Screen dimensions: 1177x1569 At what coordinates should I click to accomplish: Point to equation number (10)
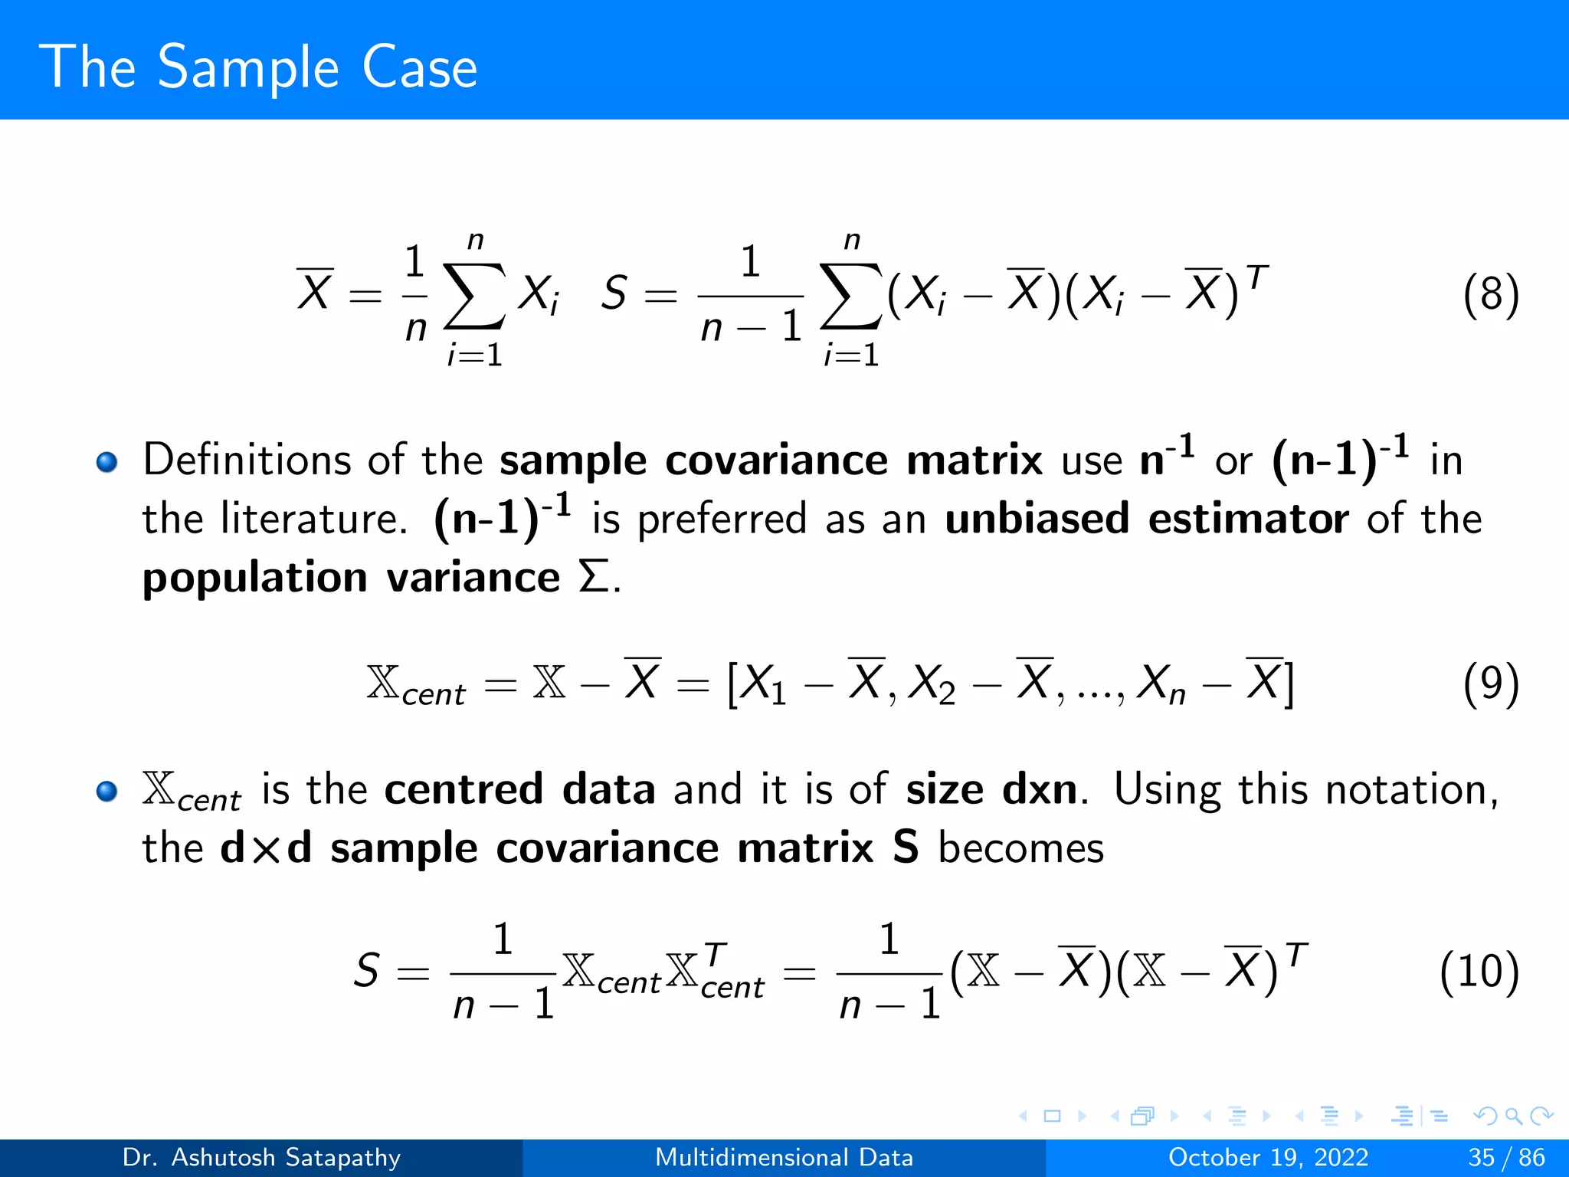pyautogui.click(x=1479, y=972)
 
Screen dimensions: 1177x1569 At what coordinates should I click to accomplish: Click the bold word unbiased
pyautogui.click(x=1037, y=519)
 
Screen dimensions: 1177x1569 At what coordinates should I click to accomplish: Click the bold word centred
pyautogui.click(x=463, y=790)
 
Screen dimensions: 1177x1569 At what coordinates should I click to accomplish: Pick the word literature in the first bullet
pyautogui.click(x=313, y=519)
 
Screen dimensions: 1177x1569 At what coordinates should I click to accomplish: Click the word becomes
pyautogui.click(x=1021, y=848)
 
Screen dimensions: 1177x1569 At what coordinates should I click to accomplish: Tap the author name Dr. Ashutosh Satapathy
pyautogui.click(x=261, y=1157)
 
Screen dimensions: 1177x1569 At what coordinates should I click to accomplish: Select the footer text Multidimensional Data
pyautogui.click(x=784, y=1157)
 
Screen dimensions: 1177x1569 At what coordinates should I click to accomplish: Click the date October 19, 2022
pyautogui.click(x=1268, y=1157)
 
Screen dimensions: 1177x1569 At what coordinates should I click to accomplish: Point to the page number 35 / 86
pyautogui.click(x=1506, y=1157)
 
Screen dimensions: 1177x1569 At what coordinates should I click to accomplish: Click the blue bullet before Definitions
pyautogui.click(x=106, y=462)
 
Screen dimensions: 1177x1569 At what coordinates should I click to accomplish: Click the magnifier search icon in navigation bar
pyautogui.click(x=1513, y=1116)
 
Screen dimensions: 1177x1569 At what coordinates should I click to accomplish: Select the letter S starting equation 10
pyautogui.click(x=367, y=970)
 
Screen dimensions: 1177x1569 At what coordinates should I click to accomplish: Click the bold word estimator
pyautogui.click(x=1248, y=519)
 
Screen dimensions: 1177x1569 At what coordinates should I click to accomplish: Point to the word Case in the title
pyautogui.click(x=419, y=67)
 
